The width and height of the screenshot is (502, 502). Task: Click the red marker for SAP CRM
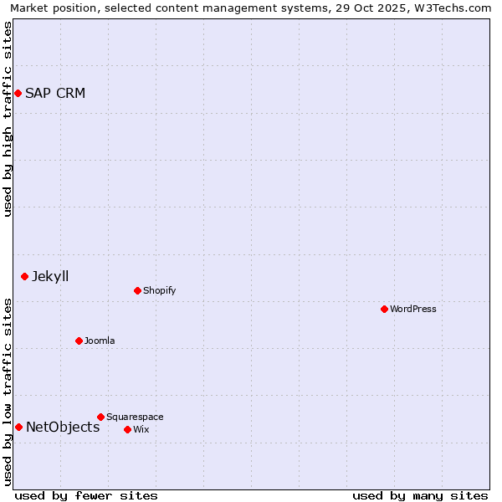tap(18, 93)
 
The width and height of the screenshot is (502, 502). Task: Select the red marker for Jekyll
tap(24, 276)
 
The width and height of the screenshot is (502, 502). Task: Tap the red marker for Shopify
tap(137, 290)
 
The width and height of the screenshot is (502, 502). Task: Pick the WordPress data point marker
tap(384, 309)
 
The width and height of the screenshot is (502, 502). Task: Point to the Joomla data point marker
tap(79, 341)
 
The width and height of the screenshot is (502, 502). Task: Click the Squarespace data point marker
tap(100, 417)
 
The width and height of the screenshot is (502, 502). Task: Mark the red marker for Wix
tap(127, 429)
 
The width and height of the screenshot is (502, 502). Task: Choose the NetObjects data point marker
tap(18, 427)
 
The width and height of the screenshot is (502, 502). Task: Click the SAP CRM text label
tap(55, 93)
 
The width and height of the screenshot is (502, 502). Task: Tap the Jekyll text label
tap(50, 276)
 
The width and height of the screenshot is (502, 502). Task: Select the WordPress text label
tap(413, 309)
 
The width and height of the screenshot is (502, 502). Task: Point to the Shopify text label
tap(160, 290)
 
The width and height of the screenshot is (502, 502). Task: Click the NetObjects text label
tap(63, 427)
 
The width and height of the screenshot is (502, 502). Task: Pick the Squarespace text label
tap(135, 417)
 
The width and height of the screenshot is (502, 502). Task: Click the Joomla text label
tap(100, 341)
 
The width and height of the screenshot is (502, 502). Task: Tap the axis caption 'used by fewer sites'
tap(86, 495)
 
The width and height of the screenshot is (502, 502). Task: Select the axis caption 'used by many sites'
tap(420, 495)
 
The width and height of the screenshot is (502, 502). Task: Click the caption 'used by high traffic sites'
tap(8, 119)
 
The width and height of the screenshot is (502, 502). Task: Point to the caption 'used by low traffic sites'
tap(8, 392)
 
